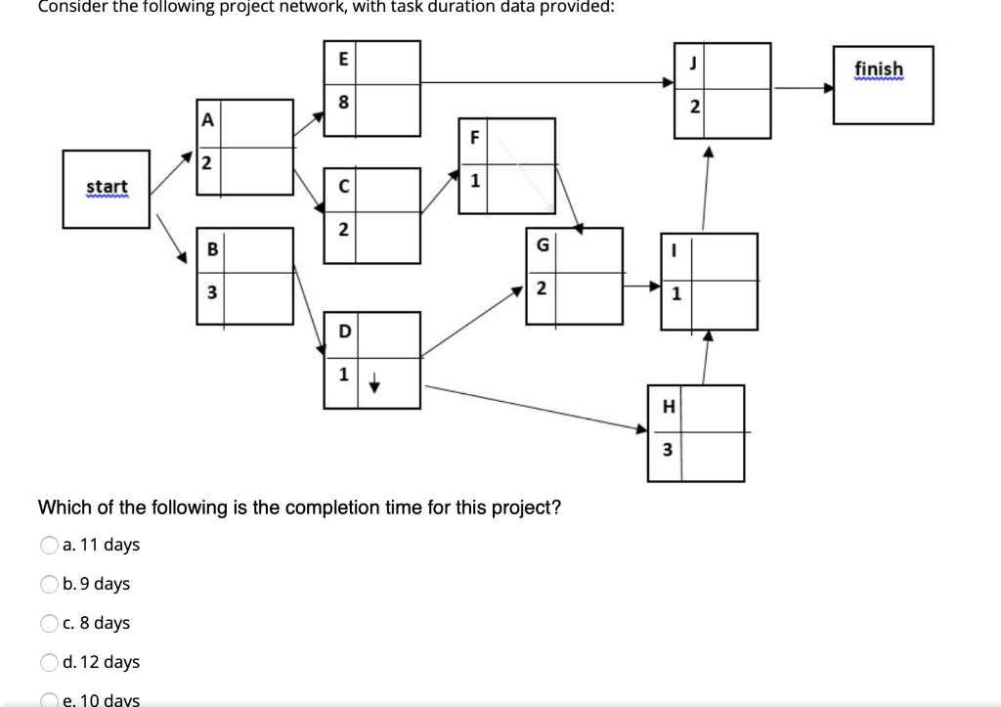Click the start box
click(107, 188)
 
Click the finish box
click(883, 84)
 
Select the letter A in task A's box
click(207, 120)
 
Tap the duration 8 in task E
click(343, 102)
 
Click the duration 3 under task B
click(208, 291)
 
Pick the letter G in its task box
click(541, 245)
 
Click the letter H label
click(669, 408)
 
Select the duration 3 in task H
click(668, 450)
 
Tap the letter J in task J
click(693, 66)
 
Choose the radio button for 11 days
click(48, 545)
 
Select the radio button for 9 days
click(48, 584)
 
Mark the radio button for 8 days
click(48, 623)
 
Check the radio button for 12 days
click(48, 662)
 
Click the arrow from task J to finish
click(802, 87)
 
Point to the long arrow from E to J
click(547, 82)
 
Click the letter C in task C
click(342, 186)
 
